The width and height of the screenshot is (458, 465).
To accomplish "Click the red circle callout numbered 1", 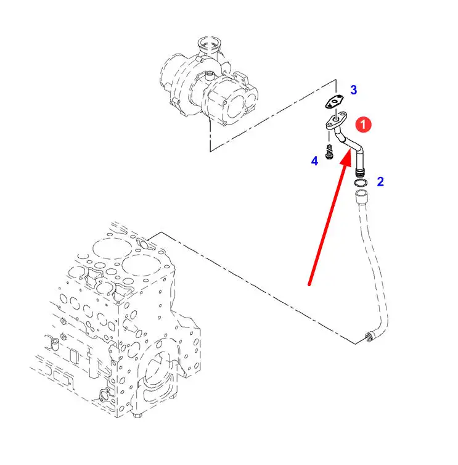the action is coord(363,124).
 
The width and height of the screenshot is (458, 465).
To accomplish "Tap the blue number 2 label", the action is coord(380,181).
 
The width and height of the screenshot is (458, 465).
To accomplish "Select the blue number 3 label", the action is coord(354,90).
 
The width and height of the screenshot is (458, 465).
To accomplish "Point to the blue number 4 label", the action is coord(314,161).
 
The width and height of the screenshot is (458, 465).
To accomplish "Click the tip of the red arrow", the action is coord(351,150).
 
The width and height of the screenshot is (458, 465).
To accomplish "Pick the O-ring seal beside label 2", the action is coord(361,183).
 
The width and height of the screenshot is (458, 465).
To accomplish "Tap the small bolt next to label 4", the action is coord(329,152).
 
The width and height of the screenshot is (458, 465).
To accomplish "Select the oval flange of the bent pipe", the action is coord(336,120).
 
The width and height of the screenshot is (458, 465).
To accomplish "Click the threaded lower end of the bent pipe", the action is coord(360,173).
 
